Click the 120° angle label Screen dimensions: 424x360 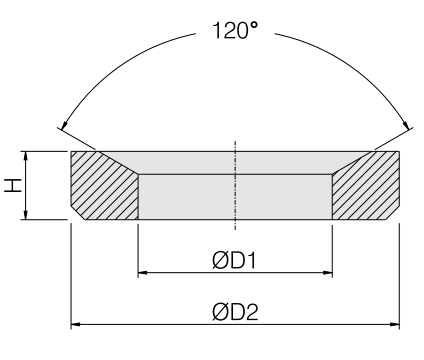[235, 30]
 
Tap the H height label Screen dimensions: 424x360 [13, 185]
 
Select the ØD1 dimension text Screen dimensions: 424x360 [234, 260]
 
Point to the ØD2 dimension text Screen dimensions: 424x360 [235, 312]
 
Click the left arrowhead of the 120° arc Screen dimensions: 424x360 [65, 125]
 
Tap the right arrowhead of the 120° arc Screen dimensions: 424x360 [406, 125]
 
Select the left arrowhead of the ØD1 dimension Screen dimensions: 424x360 [143, 273]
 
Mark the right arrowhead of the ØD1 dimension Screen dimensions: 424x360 [328, 273]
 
